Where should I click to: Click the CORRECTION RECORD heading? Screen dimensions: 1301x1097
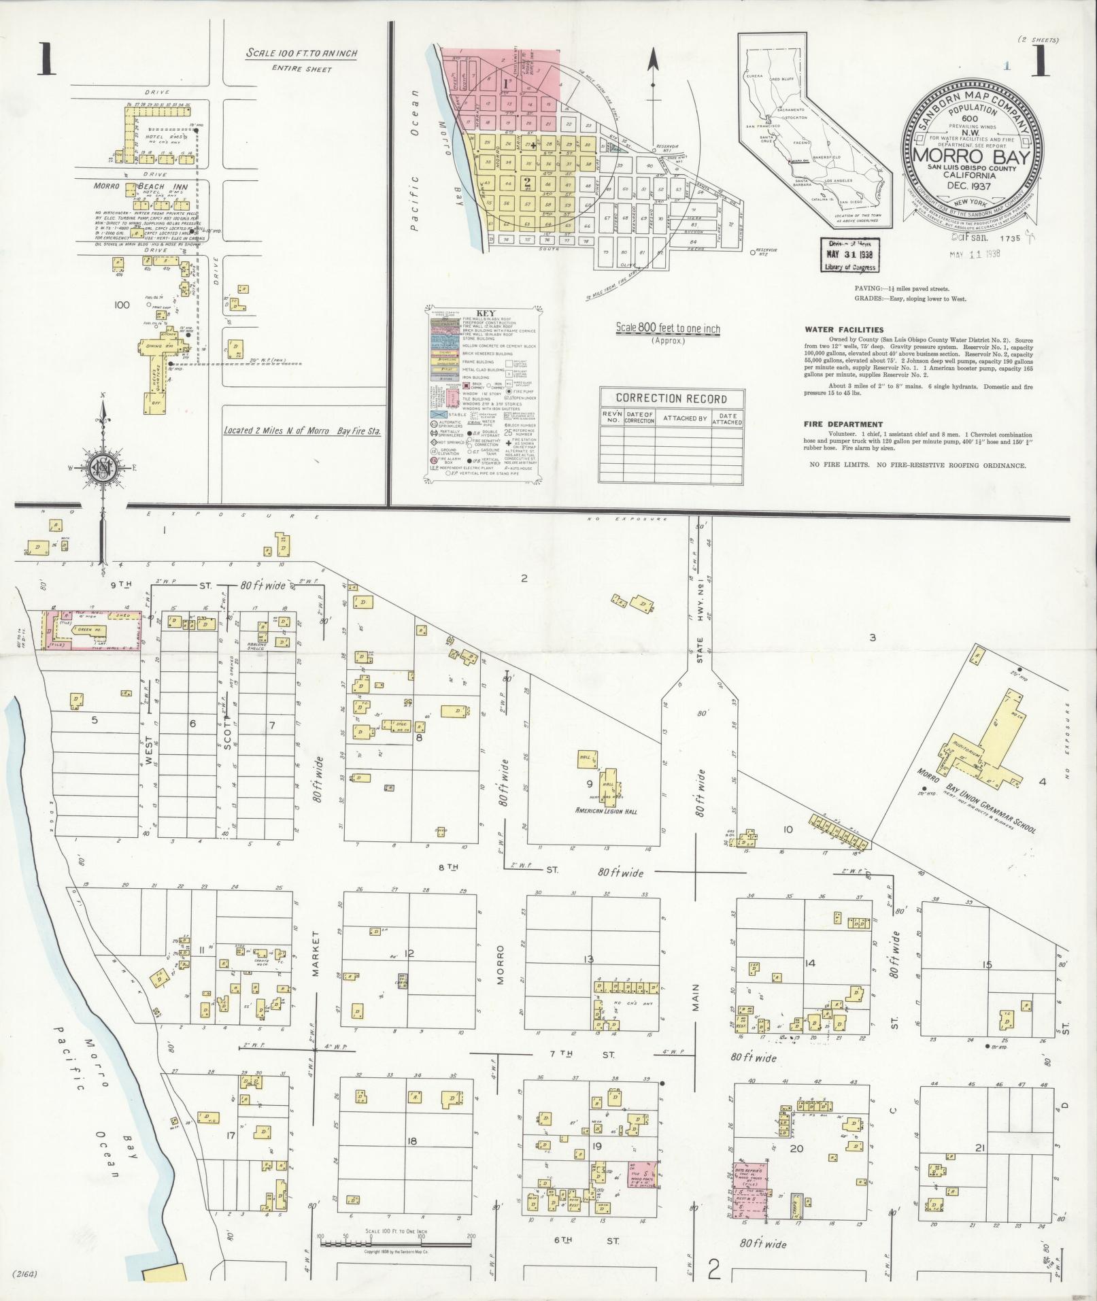pyautogui.click(x=671, y=399)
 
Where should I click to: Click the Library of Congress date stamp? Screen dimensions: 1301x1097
pyautogui.click(x=847, y=256)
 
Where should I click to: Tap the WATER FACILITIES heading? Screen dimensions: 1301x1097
pyautogui.click(x=844, y=330)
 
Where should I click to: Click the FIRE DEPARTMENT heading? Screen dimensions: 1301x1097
pyautogui.click(x=843, y=424)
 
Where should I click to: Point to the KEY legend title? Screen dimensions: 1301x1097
pyautogui.click(x=486, y=313)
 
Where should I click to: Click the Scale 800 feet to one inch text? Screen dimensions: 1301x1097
pyautogui.click(x=668, y=329)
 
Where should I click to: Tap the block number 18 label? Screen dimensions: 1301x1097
pyautogui.click(x=412, y=1141)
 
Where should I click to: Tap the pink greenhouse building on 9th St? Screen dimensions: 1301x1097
pyautogui.click(x=92, y=630)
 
